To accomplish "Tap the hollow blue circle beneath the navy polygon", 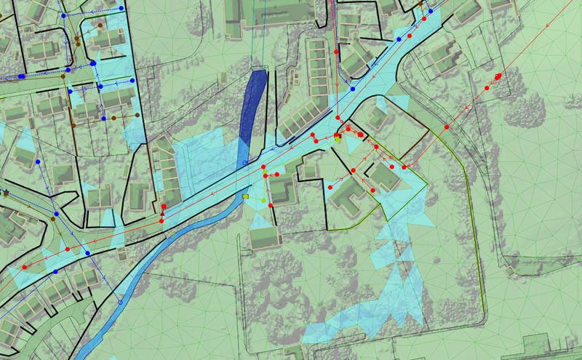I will coord(244,162).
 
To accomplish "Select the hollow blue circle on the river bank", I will coord(119,301).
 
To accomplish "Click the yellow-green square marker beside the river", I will coord(247,196).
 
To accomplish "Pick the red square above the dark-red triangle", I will coord(163,207).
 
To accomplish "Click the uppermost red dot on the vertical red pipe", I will coord(336,52).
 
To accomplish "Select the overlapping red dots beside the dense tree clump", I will coord(498,76).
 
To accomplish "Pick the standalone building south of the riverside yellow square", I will coord(264,236).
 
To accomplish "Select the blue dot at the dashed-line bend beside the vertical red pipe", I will coord(353,89).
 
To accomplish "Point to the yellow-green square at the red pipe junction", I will coord(338,135).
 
